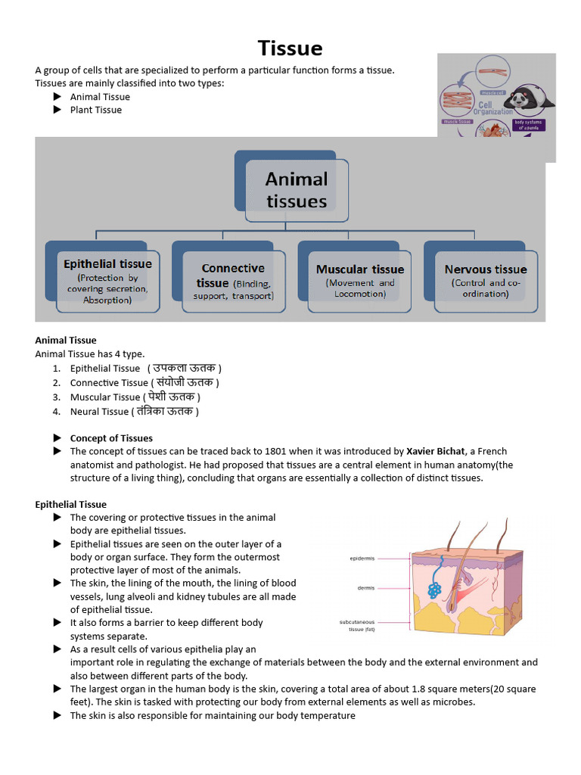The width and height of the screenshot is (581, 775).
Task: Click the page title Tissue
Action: (290, 48)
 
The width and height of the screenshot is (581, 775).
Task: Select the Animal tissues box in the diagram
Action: (297, 190)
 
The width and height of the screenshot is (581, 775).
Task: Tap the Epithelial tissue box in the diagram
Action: (107, 281)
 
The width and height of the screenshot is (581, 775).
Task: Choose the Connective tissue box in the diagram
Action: (233, 281)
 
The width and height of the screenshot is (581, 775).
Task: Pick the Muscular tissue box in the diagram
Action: (360, 281)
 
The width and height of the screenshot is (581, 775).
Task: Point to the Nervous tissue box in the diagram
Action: (486, 281)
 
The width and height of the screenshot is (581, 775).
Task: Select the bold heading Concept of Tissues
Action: (111, 438)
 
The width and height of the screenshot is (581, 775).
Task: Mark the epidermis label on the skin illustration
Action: (362, 559)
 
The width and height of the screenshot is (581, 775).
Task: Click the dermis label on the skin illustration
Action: (365, 587)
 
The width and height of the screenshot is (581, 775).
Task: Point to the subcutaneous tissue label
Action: (357, 625)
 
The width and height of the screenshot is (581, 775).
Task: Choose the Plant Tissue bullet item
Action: (95, 110)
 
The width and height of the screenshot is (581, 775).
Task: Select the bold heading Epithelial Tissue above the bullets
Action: (71, 504)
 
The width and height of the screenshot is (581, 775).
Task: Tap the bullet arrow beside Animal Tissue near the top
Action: (57, 97)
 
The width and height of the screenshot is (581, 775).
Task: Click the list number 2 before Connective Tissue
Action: (57, 383)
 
